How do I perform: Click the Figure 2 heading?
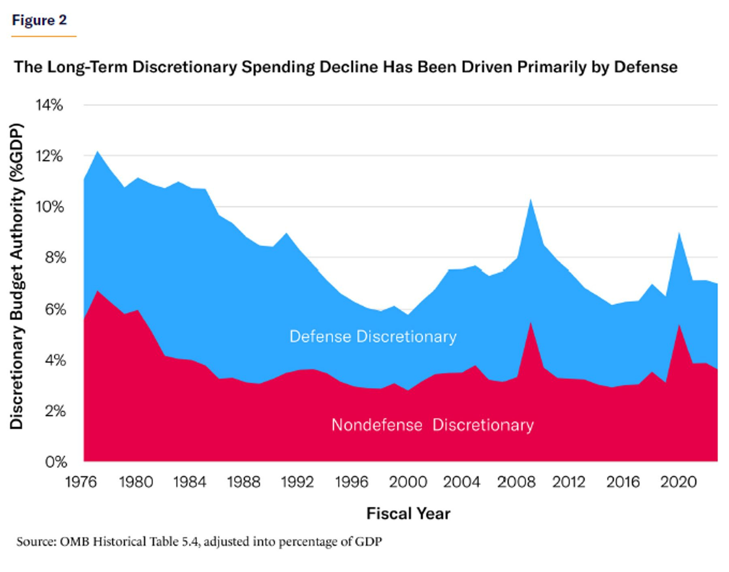[x=39, y=20]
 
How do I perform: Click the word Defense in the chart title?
[x=646, y=67]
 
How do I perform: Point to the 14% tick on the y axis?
[x=49, y=105]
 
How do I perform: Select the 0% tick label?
[x=55, y=462]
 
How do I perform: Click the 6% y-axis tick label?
[x=55, y=310]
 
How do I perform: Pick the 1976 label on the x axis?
[x=81, y=482]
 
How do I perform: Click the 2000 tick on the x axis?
[x=408, y=482]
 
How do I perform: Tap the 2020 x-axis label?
[x=679, y=482]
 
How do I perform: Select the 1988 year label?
[x=244, y=482]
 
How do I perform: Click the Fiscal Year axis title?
[x=408, y=513]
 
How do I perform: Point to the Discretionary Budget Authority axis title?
[x=17, y=276]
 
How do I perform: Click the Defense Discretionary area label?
[x=373, y=337]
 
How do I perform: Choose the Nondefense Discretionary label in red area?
[x=433, y=425]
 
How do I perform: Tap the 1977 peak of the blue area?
[x=97, y=151]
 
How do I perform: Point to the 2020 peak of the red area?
[x=679, y=325]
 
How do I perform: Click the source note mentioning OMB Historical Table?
[x=199, y=541]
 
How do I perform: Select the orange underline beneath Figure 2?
[x=44, y=36]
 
